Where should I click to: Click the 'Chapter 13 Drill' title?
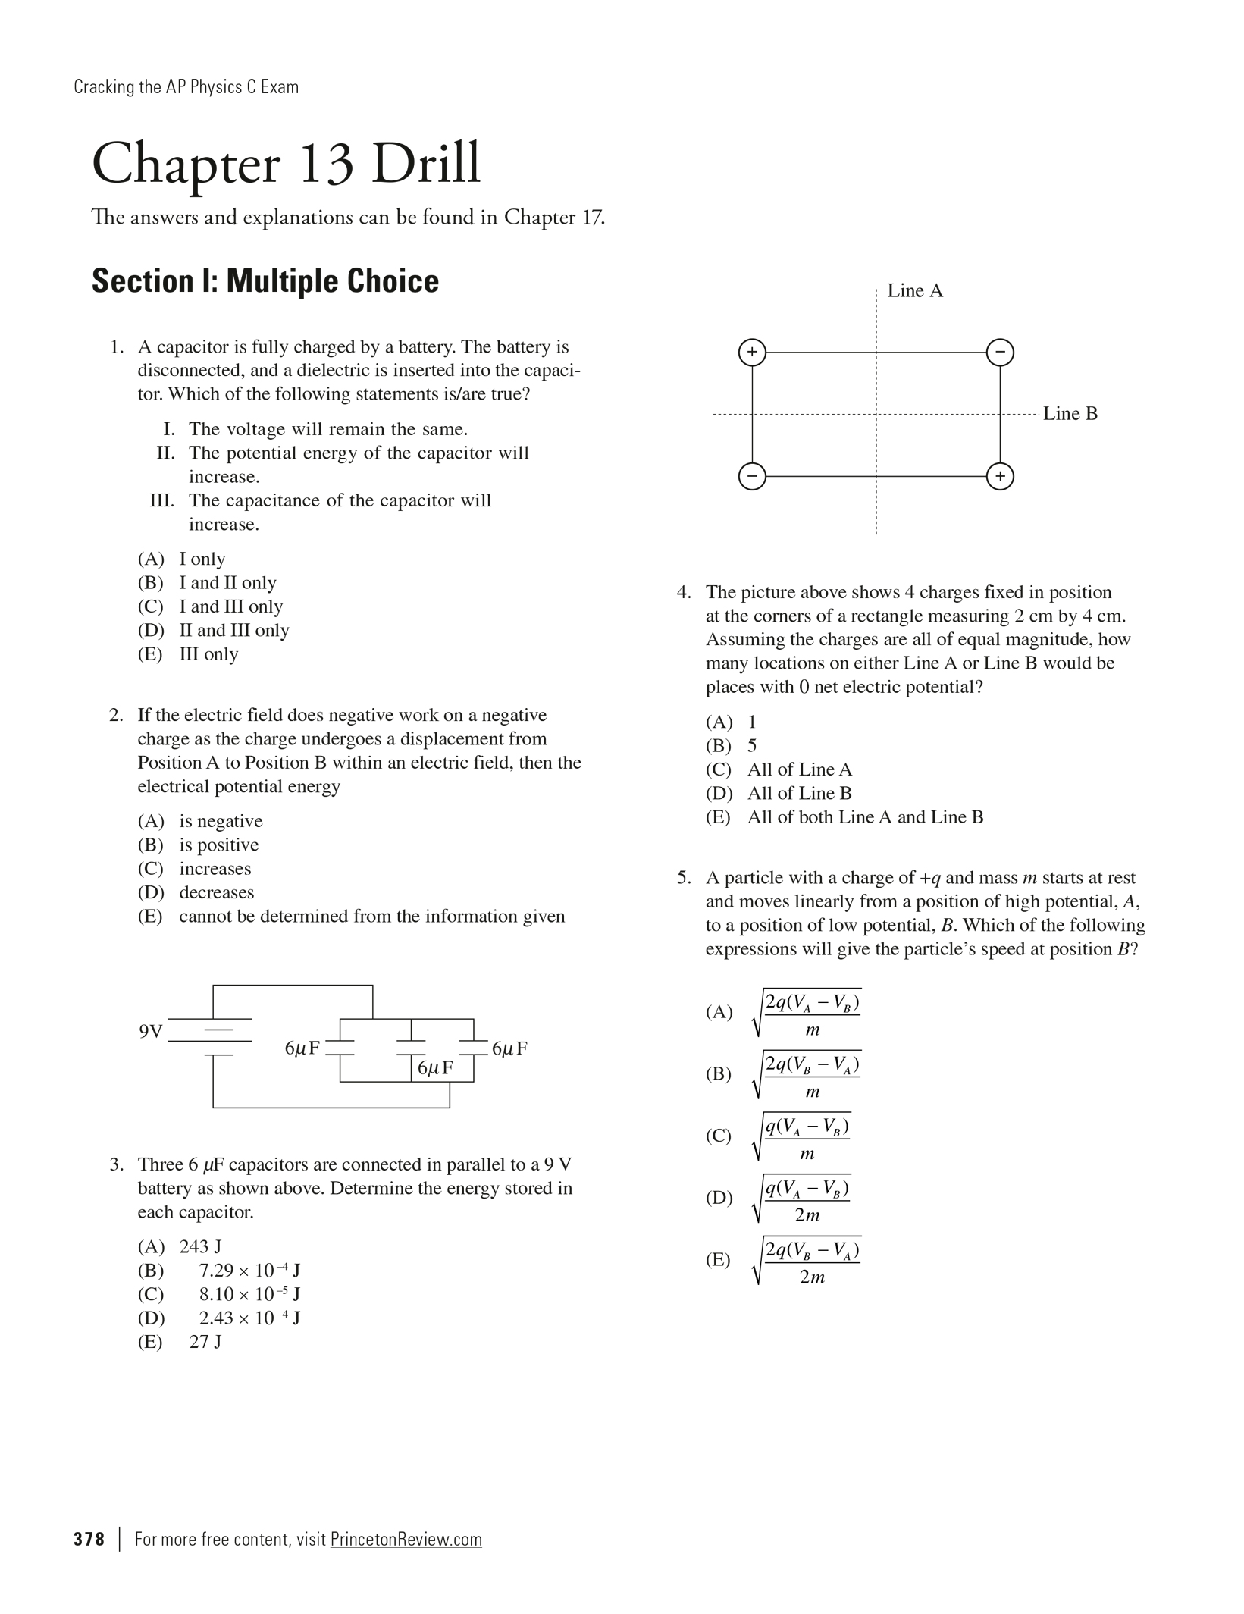[x=286, y=164]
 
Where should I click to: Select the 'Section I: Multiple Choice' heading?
[x=265, y=281]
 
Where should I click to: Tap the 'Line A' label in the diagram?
[x=915, y=291]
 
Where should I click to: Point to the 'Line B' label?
[x=1070, y=414]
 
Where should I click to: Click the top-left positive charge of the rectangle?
[x=752, y=353]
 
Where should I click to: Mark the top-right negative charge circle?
[x=1000, y=353]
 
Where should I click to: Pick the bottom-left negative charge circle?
[x=752, y=477]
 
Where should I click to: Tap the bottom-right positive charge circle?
[x=1000, y=477]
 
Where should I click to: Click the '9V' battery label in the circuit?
[x=151, y=1032]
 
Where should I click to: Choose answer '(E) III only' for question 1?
[x=188, y=654]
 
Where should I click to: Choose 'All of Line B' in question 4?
[x=799, y=794]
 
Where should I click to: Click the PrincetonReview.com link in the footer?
[x=406, y=1539]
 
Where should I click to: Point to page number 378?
[x=89, y=1539]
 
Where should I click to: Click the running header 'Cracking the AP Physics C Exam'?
[x=186, y=87]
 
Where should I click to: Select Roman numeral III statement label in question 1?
[x=162, y=501]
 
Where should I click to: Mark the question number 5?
[x=684, y=878]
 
